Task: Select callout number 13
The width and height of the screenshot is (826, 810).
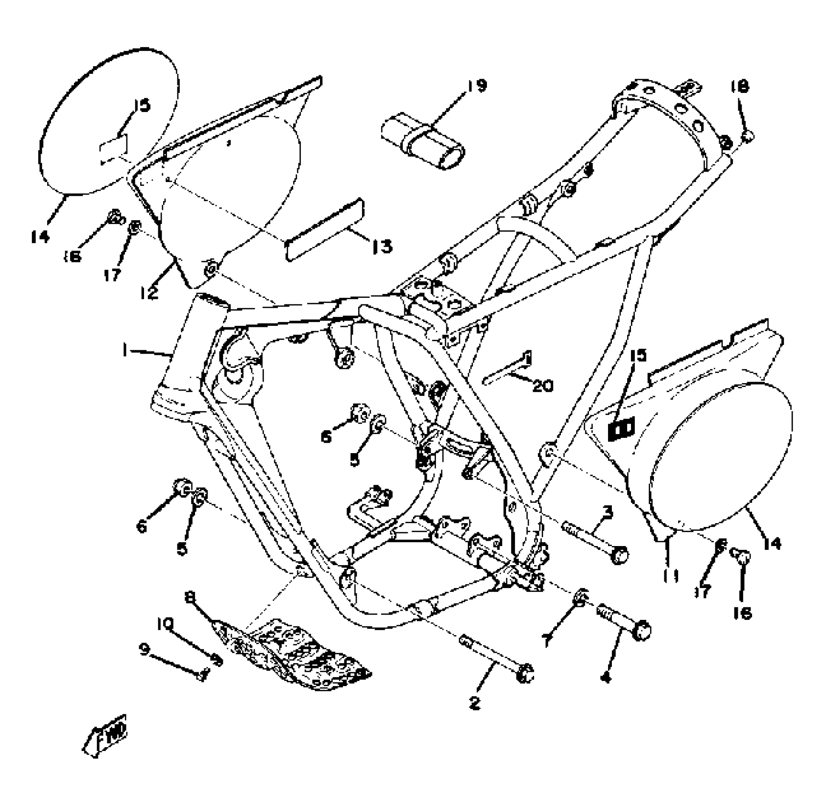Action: pos(382,246)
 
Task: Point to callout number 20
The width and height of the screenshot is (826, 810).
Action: pos(542,385)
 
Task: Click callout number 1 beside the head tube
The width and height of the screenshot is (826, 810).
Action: pos(124,351)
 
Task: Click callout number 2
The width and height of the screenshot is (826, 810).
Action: pos(475,703)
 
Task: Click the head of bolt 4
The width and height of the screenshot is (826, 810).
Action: pos(642,630)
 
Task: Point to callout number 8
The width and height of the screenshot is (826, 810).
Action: pos(190,596)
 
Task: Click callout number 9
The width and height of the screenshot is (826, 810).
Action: pos(145,650)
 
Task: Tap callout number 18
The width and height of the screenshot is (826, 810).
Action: pos(740,86)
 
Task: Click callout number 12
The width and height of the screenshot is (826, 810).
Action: pos(149,292)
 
